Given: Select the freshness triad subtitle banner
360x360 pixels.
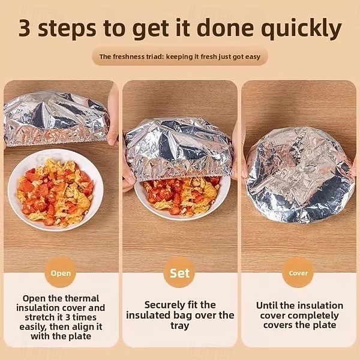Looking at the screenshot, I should tap(179, 57).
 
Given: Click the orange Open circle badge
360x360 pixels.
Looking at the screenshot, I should tap(61, 273).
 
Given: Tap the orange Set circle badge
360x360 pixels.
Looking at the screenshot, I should tap(179, 273).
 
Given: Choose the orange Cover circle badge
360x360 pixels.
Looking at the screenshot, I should tap(298, 273).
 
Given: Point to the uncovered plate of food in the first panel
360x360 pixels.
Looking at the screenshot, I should tap(55, 191).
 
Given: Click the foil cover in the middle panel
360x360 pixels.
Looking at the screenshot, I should tap(178, 147).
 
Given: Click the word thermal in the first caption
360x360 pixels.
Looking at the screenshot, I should tap(82, 298).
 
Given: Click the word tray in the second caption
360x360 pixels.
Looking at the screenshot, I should tap(179, 326).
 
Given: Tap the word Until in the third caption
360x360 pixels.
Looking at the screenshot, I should tap(269, 305).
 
